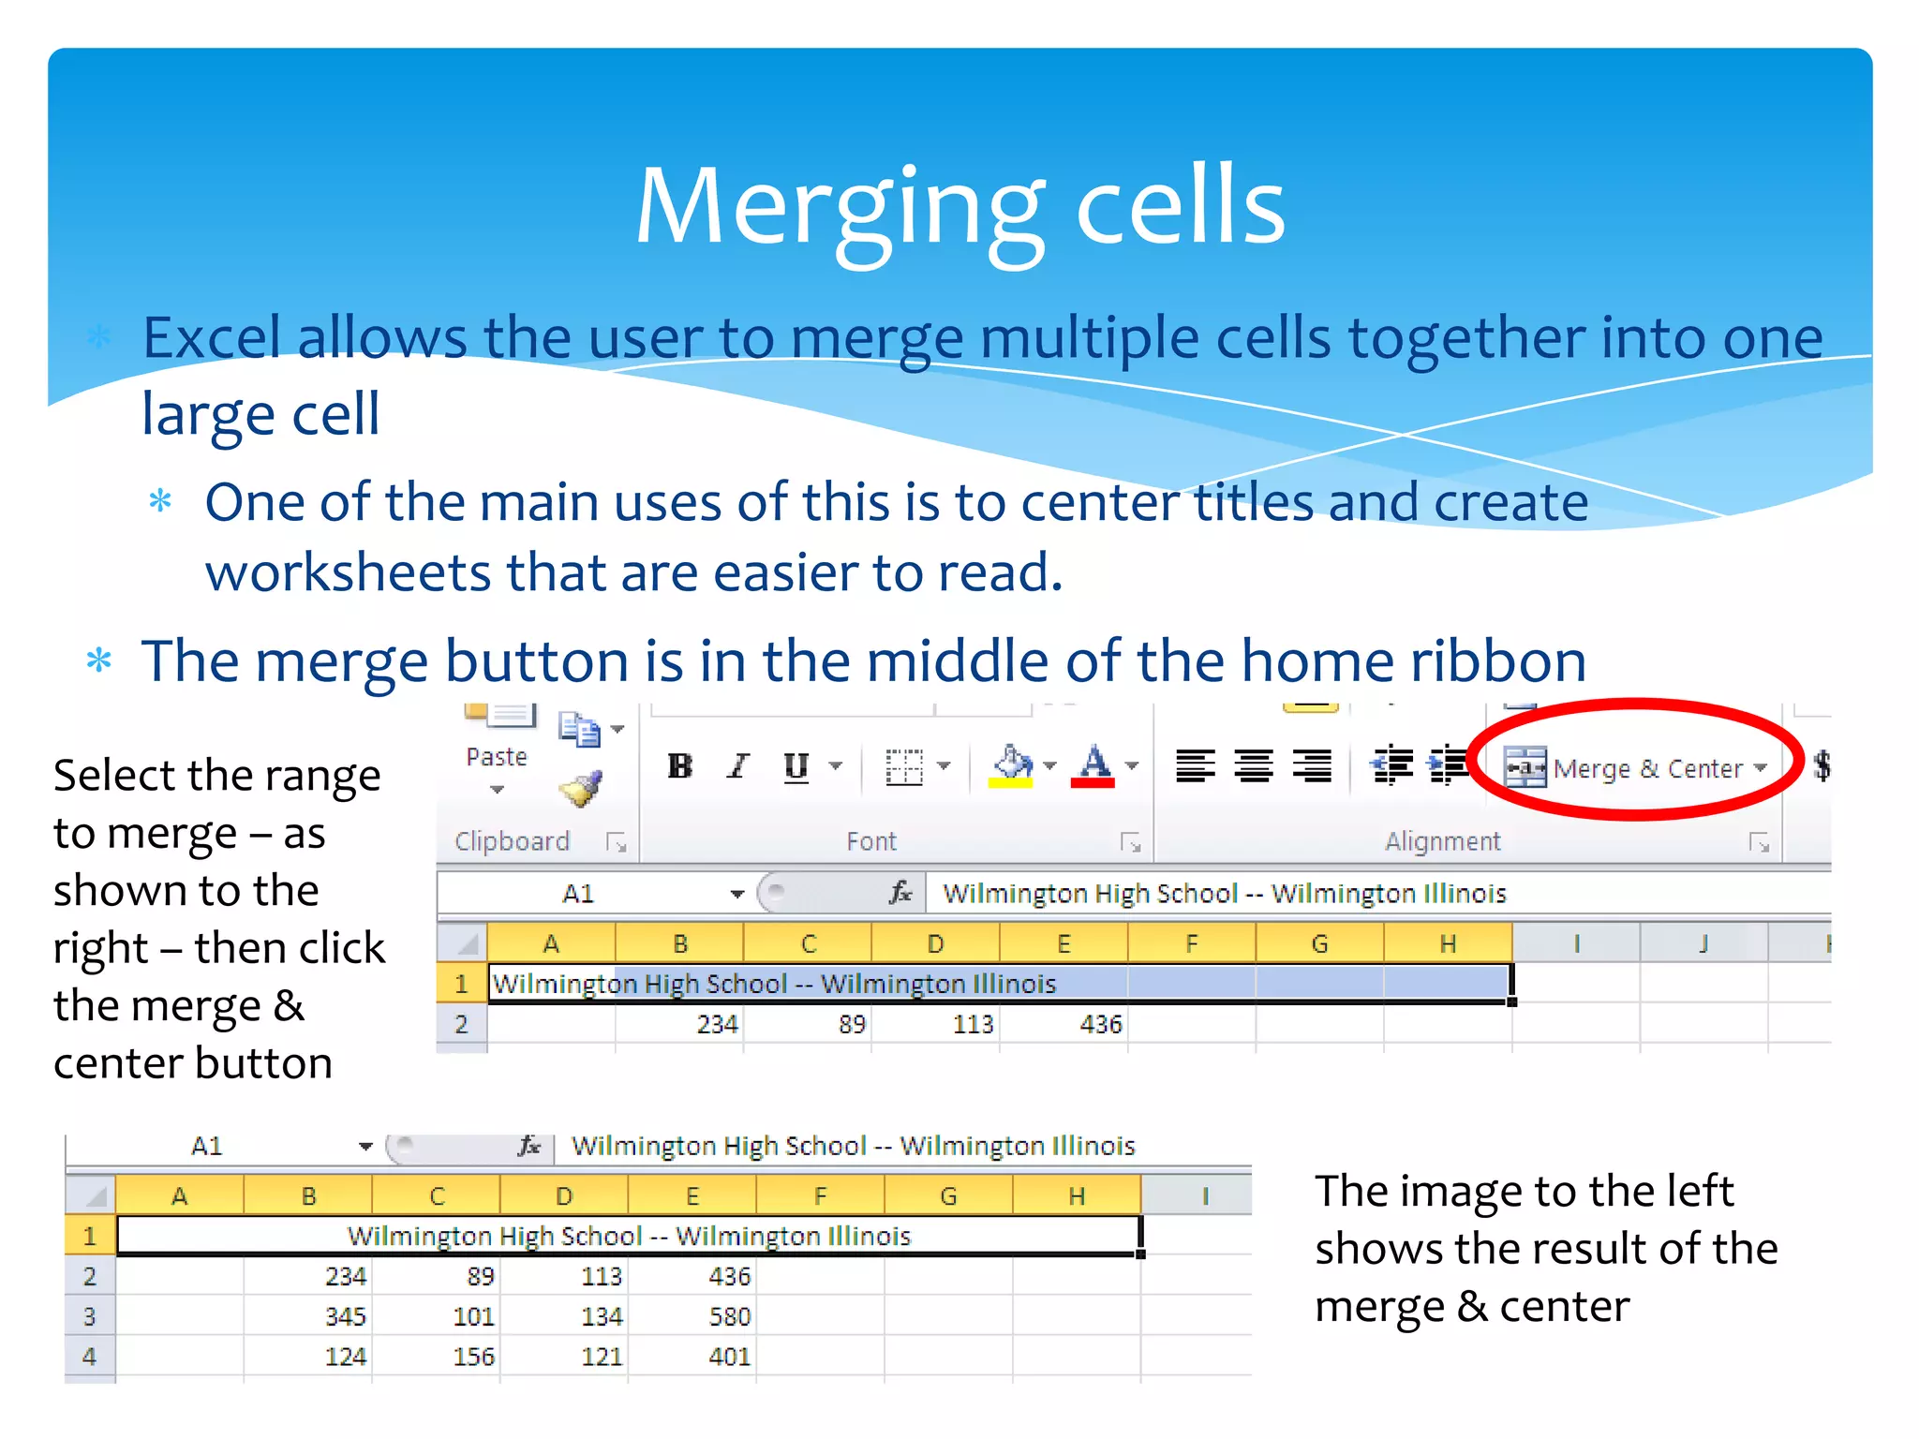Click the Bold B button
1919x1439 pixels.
tap(680, 766)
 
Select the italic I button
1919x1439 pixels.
tap(738, 766)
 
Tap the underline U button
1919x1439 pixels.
tap(796, 766)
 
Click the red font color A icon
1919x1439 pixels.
tap(1093, 766)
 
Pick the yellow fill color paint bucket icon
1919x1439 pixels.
tap(1012, 766)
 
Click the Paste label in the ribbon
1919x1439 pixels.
tap(497, 757)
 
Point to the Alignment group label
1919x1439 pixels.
tap(1443, 841)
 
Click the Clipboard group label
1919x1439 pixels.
tap(512, 841)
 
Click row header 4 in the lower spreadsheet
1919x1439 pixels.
tap(90, 1357)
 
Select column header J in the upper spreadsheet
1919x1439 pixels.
tap(1703, 943)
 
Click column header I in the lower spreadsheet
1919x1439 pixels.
tap(1205, 1196)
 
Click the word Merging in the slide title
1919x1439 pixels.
tap(840, 208)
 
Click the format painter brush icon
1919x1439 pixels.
tap(581, 789)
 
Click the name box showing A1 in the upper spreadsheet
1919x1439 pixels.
tap(579, 894)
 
